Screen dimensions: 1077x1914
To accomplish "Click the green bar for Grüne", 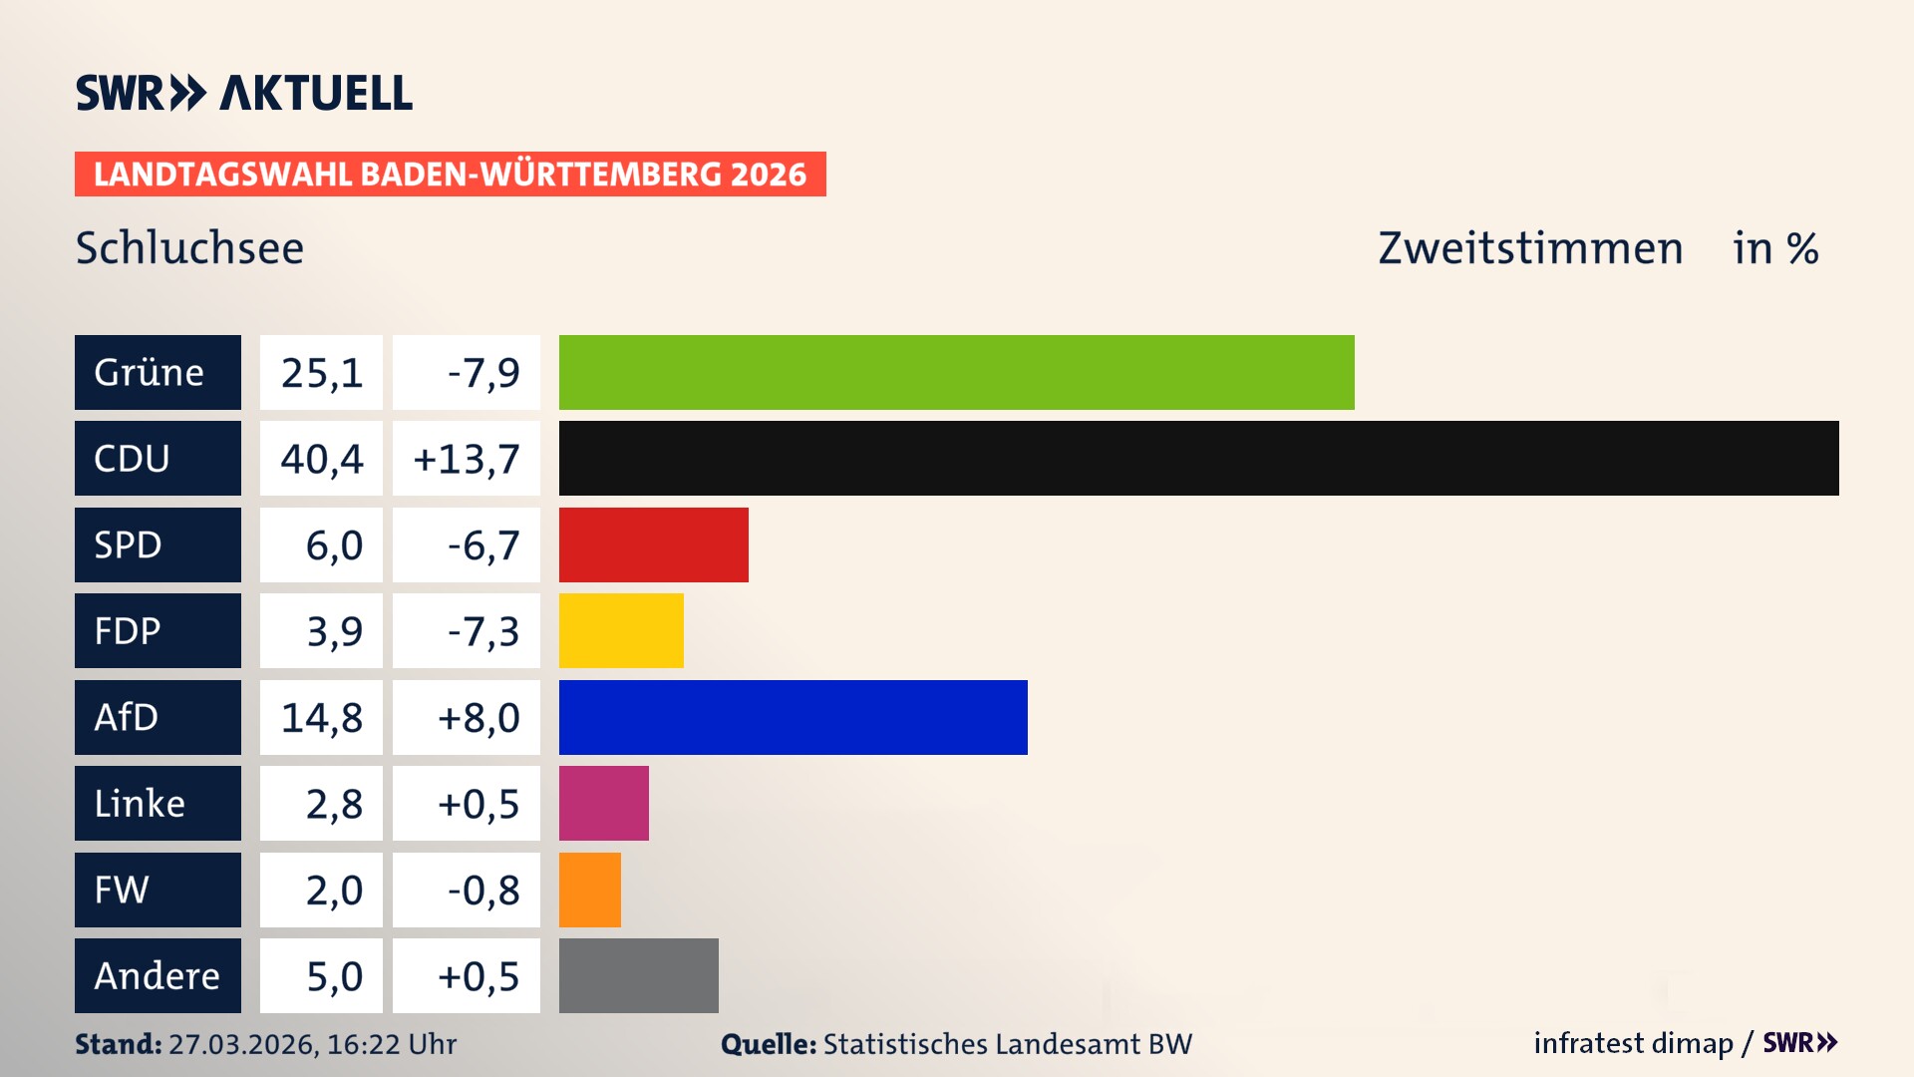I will pyautogui.click(x=956, y=372).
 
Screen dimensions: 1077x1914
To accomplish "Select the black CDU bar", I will pyautogui.click(x=1198, y=459).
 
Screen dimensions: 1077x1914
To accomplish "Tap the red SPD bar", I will pyautogui.click(x=653, y=544).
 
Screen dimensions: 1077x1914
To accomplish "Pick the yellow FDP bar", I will pyautogui.click(x=621, y=631).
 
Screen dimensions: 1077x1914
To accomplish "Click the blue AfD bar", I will pyautogui.click(x=793, y=717).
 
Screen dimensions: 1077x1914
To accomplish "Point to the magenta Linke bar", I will pyautogui.click(x=603, y=804).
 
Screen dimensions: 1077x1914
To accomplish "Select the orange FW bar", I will pyautogui.click(x=589, y=890).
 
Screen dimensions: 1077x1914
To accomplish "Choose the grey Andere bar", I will pyautogui.click(x=638, y=975).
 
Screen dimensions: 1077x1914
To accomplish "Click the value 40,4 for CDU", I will pyautogui.click(x=321, y=459).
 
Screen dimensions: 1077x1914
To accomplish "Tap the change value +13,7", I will pyautogui.click(x=466, y=459).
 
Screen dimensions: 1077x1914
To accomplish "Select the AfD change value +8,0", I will pyautogui.click(x=478, y=717).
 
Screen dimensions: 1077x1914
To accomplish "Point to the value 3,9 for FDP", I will pyautogui.click(x=333, y=631).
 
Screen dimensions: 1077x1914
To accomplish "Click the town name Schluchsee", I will pyautogui.click(x=189, y=247).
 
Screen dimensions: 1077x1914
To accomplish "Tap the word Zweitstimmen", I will pyautogui.click(x=1530, y=247).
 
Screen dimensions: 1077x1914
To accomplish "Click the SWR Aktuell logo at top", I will pyautogui.click(x=243, y=93).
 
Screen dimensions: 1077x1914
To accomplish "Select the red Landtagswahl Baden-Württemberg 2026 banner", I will pyautogui.click(x=450, y=174).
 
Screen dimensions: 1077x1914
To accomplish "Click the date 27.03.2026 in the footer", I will pyautogui.click(x=242, y=1044).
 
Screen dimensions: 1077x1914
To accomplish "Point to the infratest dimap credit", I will pyautogui.click(x=1633, y=1043).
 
